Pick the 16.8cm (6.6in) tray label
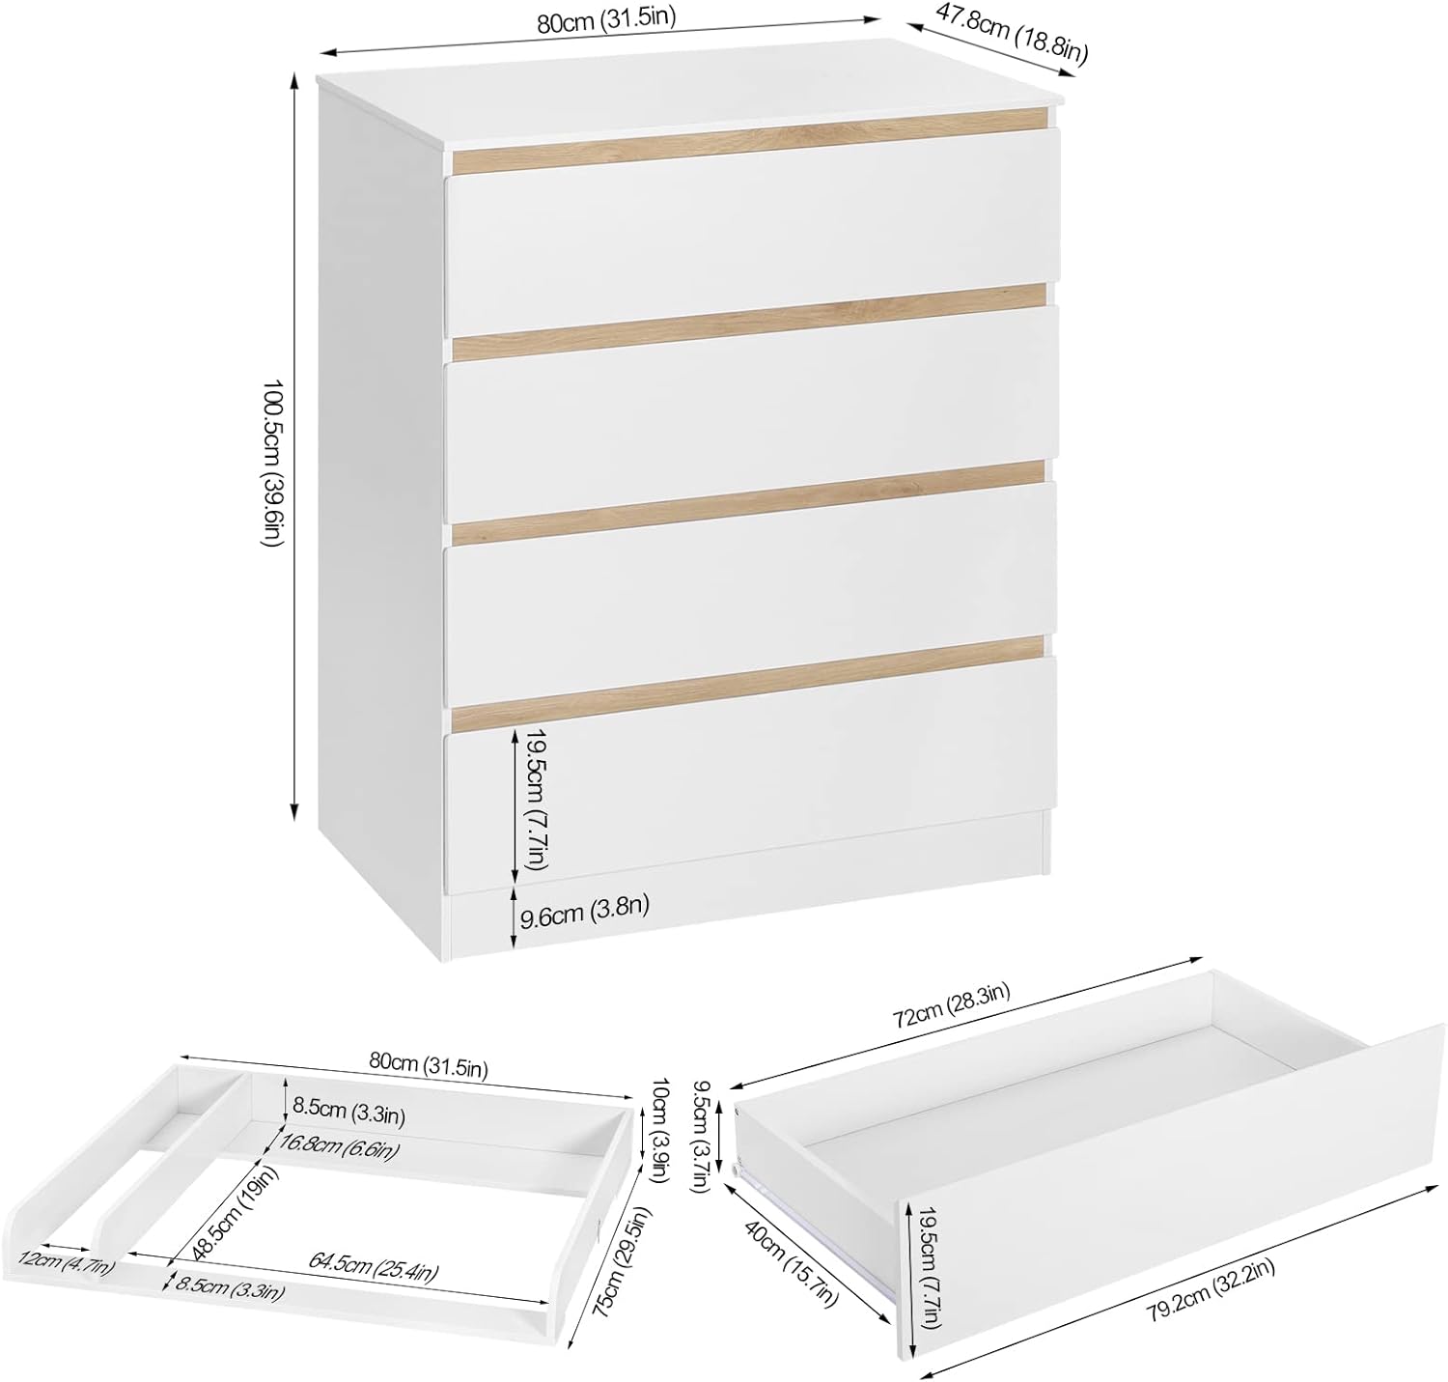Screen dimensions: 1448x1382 [337, 1146]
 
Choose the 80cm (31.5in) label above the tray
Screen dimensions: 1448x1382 [428, 1065]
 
